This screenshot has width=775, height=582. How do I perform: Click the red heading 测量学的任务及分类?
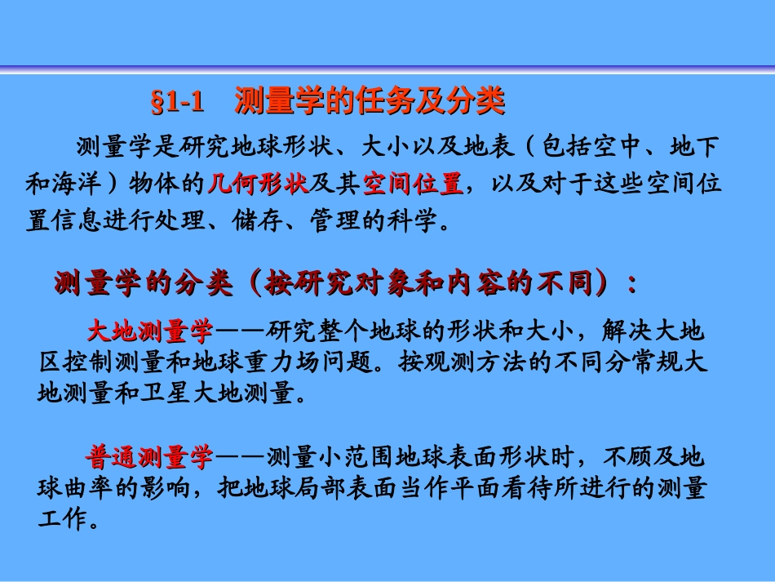coord(370,101)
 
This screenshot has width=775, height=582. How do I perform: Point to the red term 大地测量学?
coord(150,331)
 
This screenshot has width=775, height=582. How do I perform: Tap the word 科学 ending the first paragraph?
coord(423,221)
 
